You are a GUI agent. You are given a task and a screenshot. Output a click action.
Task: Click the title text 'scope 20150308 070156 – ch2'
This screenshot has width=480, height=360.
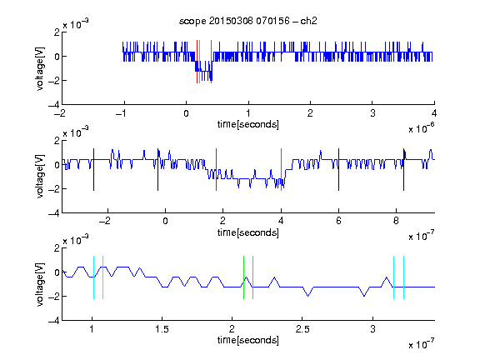click(x=248, y=21)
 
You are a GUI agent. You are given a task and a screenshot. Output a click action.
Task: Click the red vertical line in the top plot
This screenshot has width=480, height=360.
click(x=197, y=62)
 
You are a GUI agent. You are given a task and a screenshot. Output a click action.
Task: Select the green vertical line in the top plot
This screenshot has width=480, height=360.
click(x=200, y=62)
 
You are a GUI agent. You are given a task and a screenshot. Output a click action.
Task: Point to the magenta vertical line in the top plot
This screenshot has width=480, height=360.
click(x=211, y=62)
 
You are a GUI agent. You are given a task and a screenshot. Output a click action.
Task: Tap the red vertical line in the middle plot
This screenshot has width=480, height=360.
click(x=216, y=170)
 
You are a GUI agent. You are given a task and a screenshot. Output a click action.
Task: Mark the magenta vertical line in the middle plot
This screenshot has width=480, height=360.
click(x=282, y=170)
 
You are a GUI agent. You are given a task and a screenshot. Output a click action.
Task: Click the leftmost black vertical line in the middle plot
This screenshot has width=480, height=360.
click(x=93, y=170)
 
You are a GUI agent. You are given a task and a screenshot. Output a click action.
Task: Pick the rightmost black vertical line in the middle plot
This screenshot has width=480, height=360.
click(x=404, y=170)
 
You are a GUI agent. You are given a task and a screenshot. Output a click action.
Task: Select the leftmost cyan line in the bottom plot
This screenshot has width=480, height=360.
click(x=93, y=277)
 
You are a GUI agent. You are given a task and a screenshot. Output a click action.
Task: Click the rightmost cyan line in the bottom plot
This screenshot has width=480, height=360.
click(x=404, y=277)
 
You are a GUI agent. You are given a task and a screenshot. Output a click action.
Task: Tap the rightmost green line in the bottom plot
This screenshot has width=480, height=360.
click(x=252, y=277)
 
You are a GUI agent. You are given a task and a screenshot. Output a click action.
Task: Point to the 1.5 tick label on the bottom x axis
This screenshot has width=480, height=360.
click(x=162, y=329)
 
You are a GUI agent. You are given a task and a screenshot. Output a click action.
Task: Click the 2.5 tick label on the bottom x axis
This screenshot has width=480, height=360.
click(x=302, y=329)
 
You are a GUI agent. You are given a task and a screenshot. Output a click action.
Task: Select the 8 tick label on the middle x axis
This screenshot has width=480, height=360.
click(x=396, y=221)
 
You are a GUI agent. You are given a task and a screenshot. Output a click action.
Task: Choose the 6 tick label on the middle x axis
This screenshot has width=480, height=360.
click(x=338, y=221)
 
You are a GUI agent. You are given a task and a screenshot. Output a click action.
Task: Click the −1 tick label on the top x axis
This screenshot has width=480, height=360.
click(x=122, y=113)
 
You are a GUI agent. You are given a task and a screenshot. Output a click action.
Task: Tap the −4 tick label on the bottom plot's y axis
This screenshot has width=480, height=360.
click(x=54, y=321)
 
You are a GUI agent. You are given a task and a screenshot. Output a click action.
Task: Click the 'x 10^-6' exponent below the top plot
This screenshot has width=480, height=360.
click(x=422, y=128)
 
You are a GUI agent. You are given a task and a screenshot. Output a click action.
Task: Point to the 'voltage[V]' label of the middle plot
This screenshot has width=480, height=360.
click(x=40, y=177)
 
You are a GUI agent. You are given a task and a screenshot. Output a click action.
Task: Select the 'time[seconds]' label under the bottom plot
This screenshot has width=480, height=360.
click(x=248, y=340)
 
